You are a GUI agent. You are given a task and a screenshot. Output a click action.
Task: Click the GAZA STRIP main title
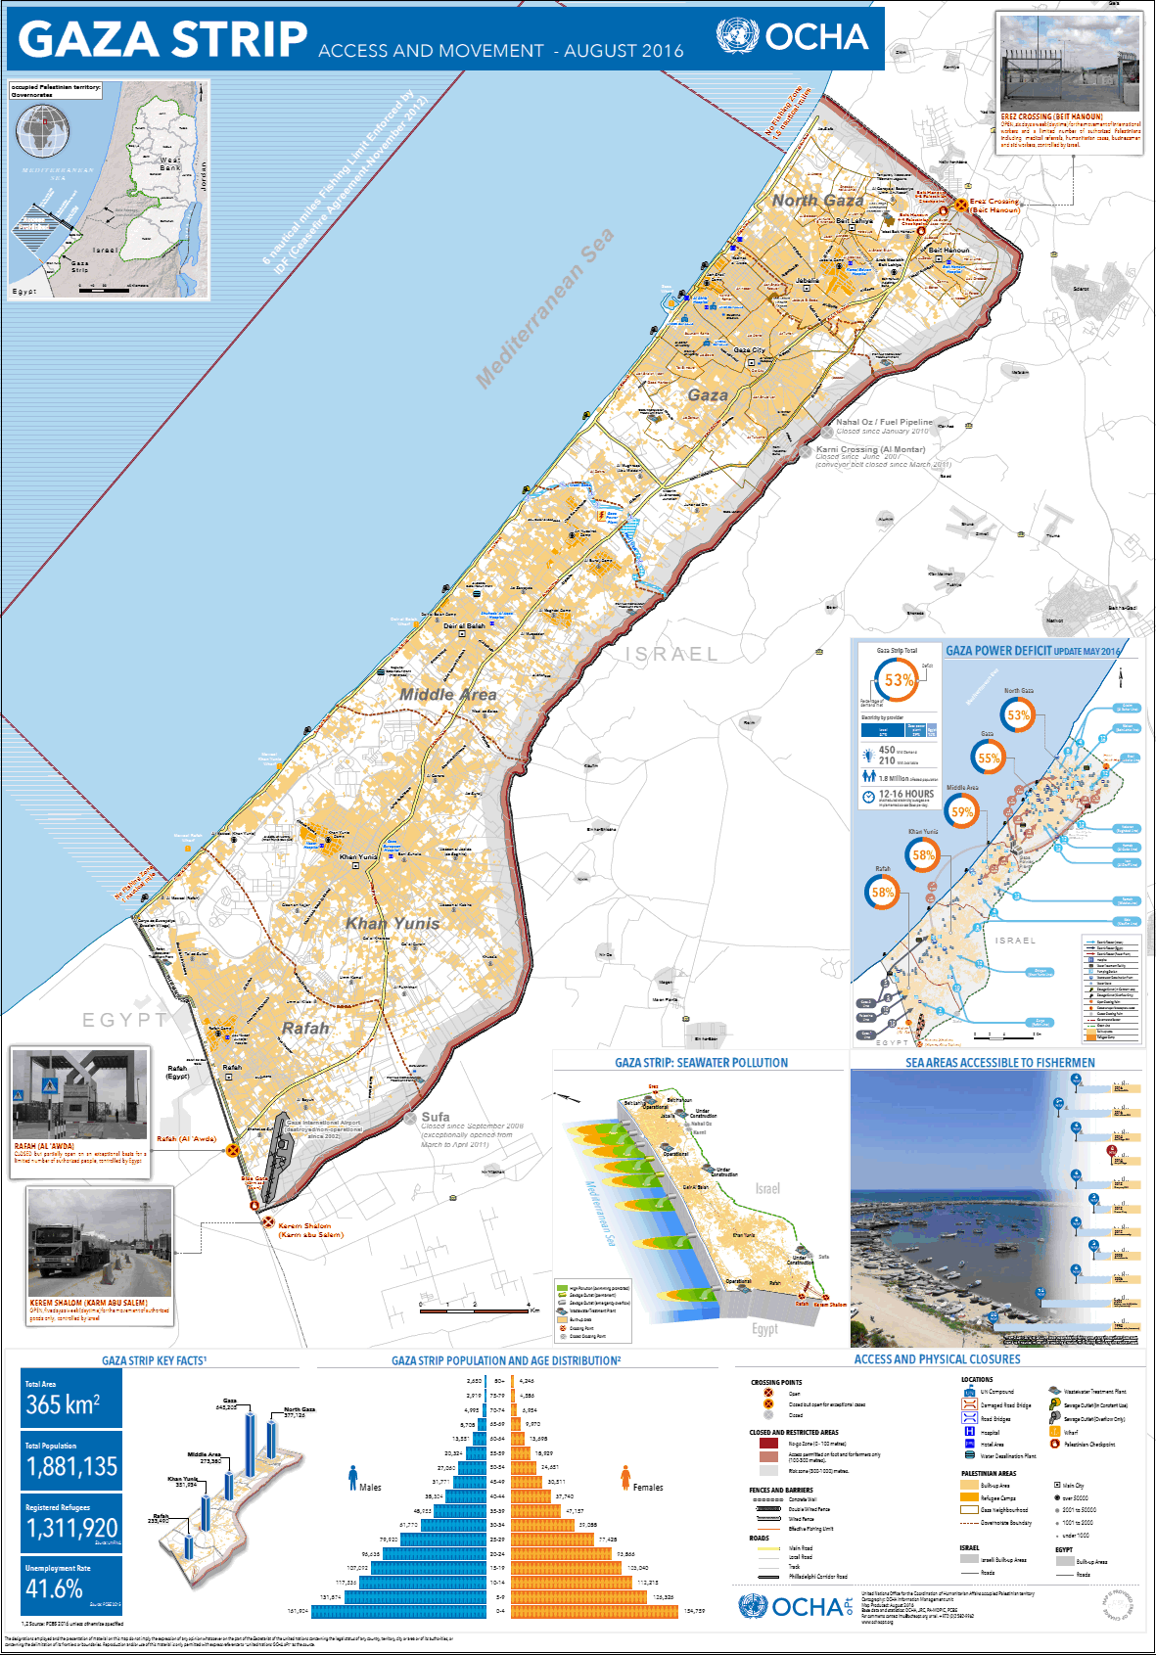click(162, 40)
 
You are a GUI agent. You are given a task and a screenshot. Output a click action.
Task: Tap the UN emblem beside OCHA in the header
click(737, 37)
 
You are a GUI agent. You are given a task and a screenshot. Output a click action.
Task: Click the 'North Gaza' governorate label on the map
click(817, 201)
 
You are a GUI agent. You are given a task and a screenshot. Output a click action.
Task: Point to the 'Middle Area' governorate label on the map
click(447, 694)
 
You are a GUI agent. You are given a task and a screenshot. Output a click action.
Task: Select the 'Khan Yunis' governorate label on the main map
click(393, 923)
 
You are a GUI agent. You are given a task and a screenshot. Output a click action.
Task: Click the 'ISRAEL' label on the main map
click(671, 654)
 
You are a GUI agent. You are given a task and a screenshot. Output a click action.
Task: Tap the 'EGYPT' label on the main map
click(124, 1020)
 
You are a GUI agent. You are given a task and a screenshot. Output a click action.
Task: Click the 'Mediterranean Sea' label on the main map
click(544, 308)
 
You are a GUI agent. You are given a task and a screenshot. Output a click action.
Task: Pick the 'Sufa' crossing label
click(436, 1117)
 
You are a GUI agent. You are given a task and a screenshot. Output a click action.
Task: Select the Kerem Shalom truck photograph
click(100, 1243)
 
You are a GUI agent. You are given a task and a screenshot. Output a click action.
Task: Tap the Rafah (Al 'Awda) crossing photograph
click(80, 1094)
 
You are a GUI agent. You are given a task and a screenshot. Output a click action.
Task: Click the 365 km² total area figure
click(63, 1404)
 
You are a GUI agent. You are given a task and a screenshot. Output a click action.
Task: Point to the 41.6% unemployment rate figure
click(55, 1587)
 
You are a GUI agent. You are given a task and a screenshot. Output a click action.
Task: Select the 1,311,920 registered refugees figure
click(72, 1528)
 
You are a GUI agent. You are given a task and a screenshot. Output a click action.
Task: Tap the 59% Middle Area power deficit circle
click(962, 811)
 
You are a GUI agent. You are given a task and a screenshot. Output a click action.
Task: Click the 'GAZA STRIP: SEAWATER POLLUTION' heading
click(701, 1063)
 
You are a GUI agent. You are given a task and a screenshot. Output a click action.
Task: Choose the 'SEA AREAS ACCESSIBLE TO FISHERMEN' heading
click(999, 1063)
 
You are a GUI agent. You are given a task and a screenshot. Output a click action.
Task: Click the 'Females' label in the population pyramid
click(648, 1487)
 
